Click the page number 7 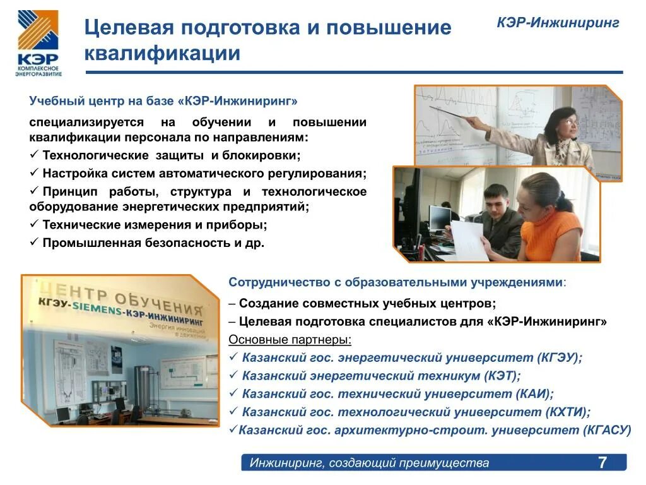click(x=602, y=462)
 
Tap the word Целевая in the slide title click(x=130, y=27)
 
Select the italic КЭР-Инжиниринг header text click(x=558, y=22)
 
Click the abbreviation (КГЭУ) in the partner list click(x=560, y=357)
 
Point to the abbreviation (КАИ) click(x=534, y=393)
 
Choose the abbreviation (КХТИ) click(x=568, y=412)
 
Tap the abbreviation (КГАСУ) click(x=608, y=429)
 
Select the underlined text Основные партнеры click(x=290, y=339)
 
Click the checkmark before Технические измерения click(x=34, y=224)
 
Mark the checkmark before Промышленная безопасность click(x=34, y=242)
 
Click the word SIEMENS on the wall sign click(x=97, y=308)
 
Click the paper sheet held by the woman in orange click(x=469, y=241)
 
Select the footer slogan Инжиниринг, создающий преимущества click(x=369, y=463)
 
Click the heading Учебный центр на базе click(x=102, y=100)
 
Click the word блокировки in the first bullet click(x=262, y=155)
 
